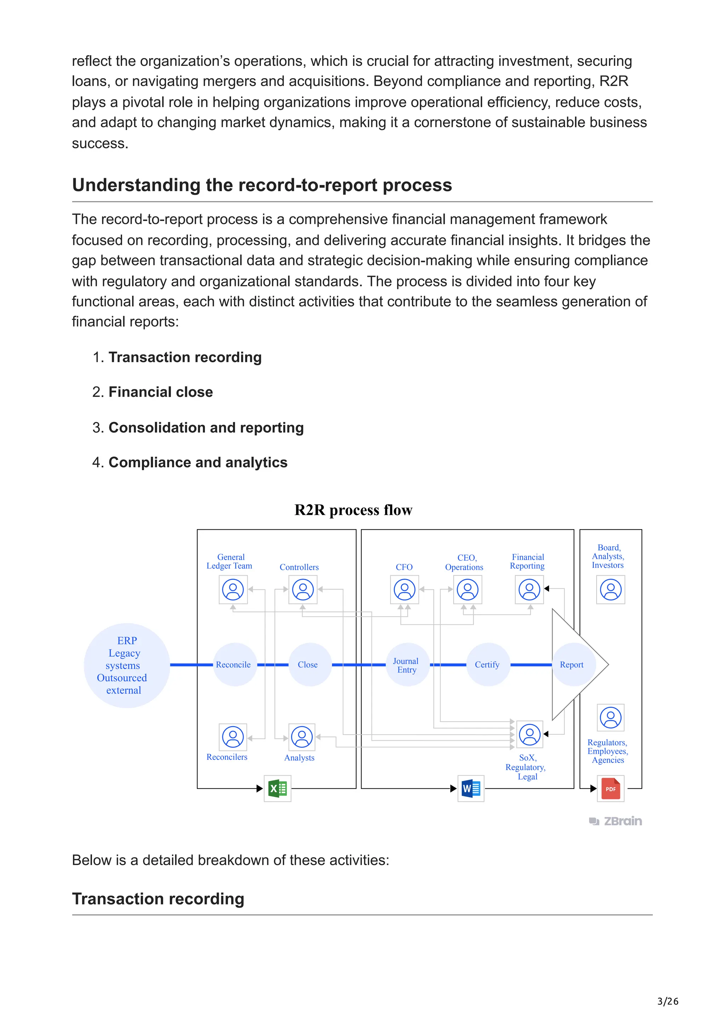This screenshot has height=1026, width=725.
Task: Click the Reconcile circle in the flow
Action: [x=234, y=665]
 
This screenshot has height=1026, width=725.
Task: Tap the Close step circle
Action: [x=309, y=665]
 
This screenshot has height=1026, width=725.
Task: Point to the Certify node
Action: [x=488, y=665]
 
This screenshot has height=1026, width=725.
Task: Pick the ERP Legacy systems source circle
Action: [x=126, y=665]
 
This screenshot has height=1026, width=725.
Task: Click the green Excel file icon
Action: [x=278, y=789]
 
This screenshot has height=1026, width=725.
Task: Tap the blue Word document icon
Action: [x=471, y=789]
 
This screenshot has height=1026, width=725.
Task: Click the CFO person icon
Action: [x=404, y=589]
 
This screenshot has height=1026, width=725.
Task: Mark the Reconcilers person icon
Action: [x=233, y=737]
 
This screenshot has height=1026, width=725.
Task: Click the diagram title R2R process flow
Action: [x=353, y=510]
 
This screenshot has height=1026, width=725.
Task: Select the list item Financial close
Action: [x=160, y=392]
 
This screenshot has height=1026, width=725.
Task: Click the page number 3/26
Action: [x=667, y=1001]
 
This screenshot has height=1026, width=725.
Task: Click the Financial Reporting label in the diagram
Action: [x=527, y=562]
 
